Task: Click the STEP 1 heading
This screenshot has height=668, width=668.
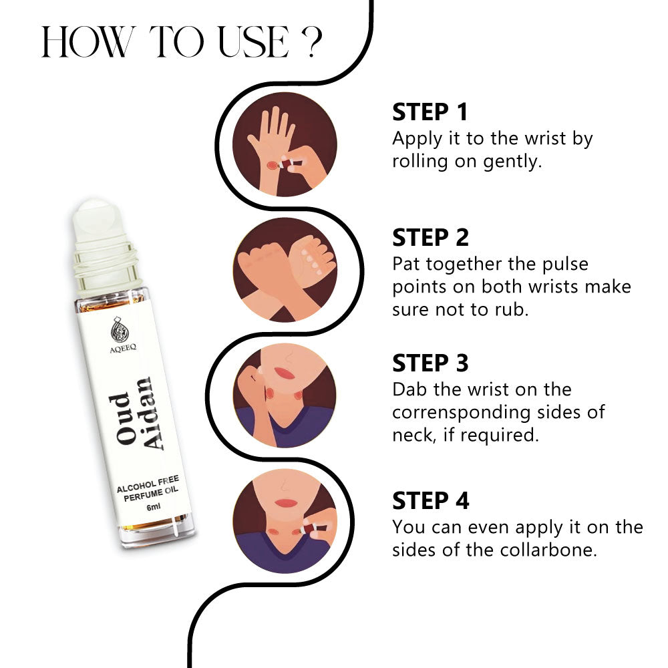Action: (x=430, y=112)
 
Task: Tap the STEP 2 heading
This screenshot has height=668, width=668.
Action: (x=430, y=238)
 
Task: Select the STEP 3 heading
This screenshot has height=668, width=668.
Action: (x=430, y=363)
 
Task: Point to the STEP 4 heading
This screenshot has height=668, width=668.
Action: (x=430, y=500)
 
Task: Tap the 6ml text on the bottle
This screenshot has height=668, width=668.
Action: (x=154, y=507)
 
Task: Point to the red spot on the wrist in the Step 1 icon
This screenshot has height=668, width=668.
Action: (x=272, y=165)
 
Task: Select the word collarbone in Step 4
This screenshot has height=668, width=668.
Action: (x=548, y=550)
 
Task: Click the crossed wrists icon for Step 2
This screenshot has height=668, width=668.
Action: (x=285, y=270)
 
